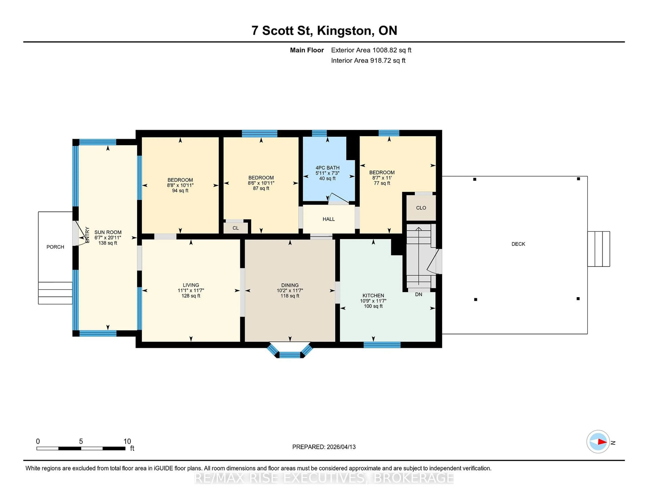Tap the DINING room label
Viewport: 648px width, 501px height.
[x=290, y=285]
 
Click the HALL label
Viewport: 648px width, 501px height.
[x=328, y=219]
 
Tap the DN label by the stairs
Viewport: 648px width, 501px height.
[x=418, y=294]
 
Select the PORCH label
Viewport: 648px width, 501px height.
[x=55, y=247]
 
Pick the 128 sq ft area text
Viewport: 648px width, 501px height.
[x=191, y=296]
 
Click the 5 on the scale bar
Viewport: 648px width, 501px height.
[x=81, y=441]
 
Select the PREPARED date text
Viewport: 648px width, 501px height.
[x=324, y=447]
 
